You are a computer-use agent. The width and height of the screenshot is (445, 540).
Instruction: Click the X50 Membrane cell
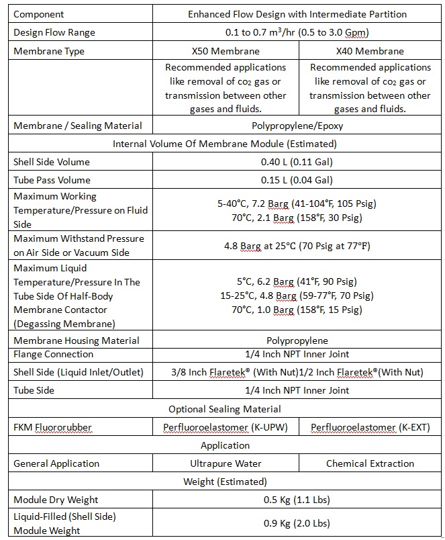tap(225, 51)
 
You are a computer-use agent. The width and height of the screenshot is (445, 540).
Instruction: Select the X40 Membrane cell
tap(370, 51)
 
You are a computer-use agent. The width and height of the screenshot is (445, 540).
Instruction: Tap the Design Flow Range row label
tap(54, 33)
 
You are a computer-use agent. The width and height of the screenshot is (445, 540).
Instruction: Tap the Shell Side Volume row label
tap(52, 162)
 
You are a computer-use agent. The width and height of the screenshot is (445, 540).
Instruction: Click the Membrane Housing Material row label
tap(77, 341)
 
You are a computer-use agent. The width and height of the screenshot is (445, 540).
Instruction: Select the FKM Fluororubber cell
tap(53, 427)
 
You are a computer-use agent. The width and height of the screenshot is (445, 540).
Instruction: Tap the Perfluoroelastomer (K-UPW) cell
tap(225, 427)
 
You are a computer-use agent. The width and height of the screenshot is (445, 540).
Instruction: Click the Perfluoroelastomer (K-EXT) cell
tap(370, 427)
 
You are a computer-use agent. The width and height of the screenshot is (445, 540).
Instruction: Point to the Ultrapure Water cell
tap(225, 463)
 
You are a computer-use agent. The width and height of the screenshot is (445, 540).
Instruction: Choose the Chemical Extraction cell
tap(370, 463)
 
